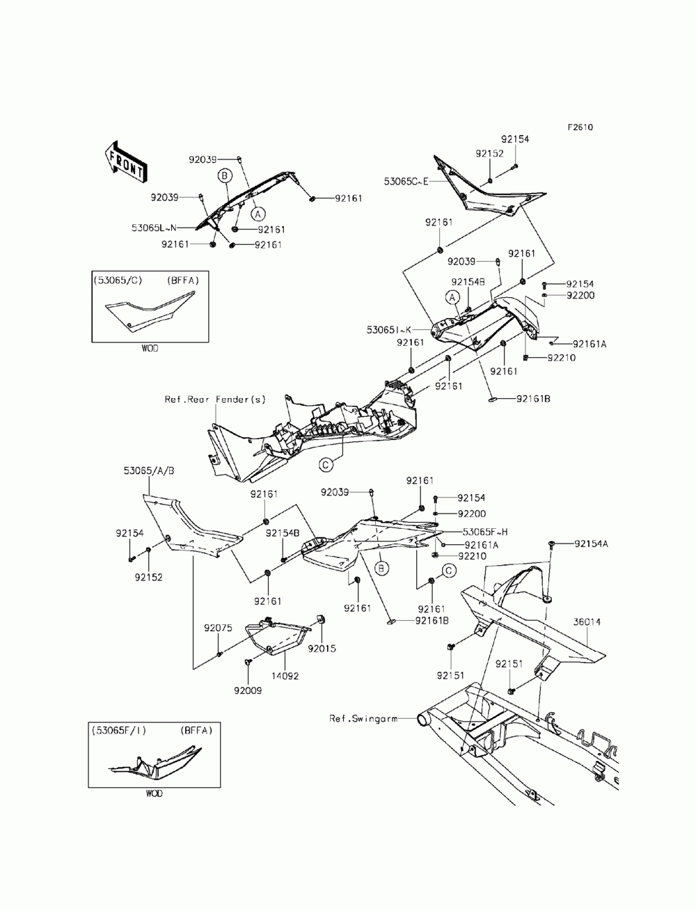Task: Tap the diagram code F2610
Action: (x=580, y=127)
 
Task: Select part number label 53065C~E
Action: (x=406, y=182)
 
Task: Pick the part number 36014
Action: (x=587, y=621)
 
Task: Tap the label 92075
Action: (x=217, y=628)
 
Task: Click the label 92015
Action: (x=323, y=648)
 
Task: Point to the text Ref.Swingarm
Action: (x=363, y=718)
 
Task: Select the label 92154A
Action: (x=590, y=544)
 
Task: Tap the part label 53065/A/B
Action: (x=149, y=470)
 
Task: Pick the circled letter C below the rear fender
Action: (x=326, y=463)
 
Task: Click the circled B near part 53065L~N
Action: (x=225, y=175)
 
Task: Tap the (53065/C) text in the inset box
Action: (x=118, y=280)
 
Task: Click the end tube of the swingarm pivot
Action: (x=422, y=718)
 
